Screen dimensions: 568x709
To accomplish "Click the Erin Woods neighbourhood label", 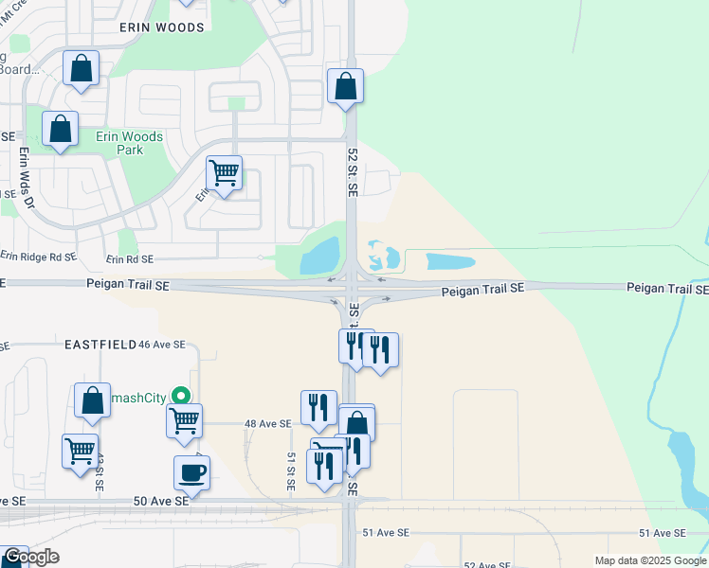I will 162,27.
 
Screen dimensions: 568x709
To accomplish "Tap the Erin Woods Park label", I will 129,143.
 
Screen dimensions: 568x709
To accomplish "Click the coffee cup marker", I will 191,472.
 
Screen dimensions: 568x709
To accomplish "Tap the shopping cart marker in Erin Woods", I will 224,173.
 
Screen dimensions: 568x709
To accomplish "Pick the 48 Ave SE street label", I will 266,424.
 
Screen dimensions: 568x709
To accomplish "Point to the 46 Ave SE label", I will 161,346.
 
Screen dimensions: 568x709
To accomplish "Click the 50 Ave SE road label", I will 161,501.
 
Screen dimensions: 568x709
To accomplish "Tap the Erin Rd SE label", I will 129,258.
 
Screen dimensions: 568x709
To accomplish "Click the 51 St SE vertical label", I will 292,470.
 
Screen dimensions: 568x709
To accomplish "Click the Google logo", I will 31,557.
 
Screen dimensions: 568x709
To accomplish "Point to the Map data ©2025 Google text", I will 650,560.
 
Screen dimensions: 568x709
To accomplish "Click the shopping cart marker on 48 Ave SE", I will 184,420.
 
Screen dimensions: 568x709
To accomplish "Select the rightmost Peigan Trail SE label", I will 666,287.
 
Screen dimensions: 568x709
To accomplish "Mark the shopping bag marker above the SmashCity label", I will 93,401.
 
